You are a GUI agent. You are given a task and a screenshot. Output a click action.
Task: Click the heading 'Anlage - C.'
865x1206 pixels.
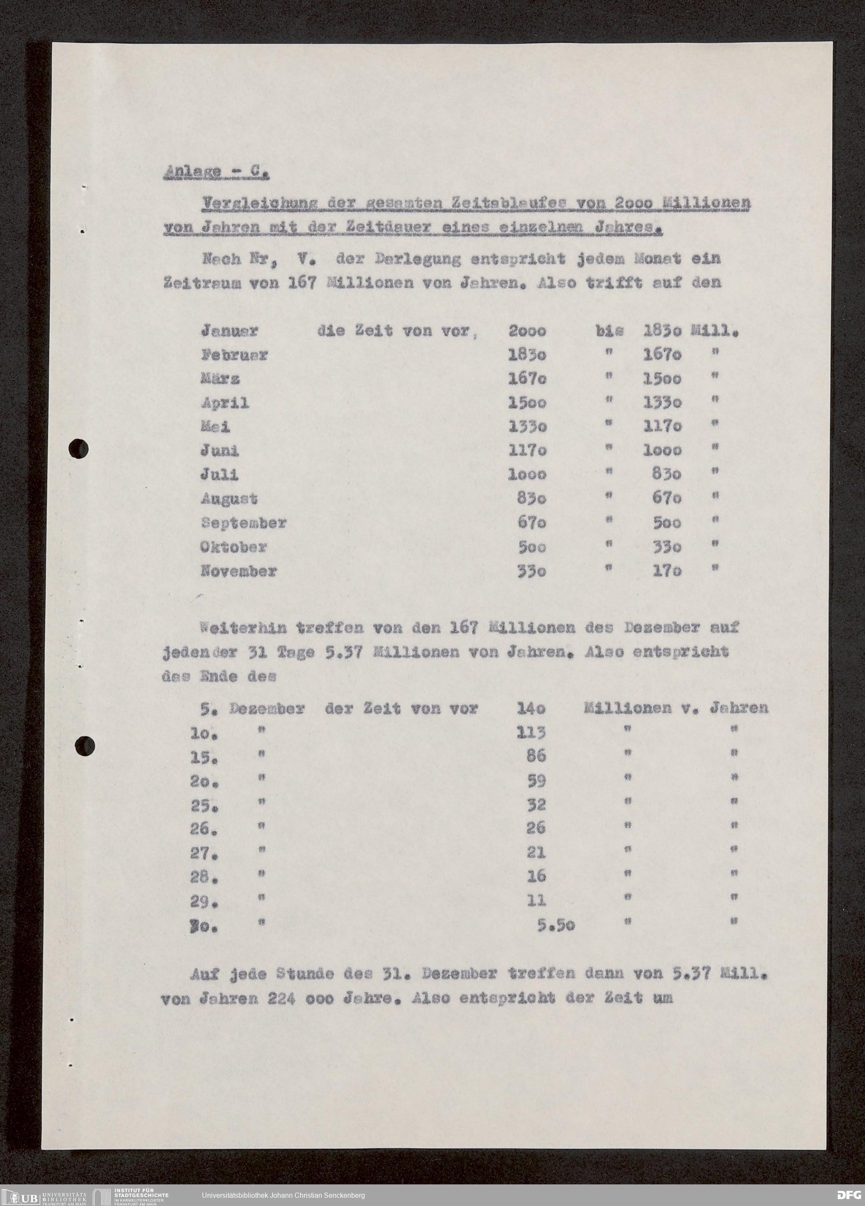point(215,172)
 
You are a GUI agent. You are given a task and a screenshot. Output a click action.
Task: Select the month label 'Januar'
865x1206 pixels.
point(229,331)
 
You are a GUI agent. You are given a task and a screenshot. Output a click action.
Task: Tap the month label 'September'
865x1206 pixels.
point(243,523)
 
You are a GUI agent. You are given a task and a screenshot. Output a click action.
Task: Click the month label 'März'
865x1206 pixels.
point(220,379)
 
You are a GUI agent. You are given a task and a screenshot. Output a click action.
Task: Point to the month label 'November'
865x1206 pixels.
point(239,571)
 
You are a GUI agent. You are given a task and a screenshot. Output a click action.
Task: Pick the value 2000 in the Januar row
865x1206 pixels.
point(527,331)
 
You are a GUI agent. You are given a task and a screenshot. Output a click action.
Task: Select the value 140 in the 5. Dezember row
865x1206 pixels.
point(532,708)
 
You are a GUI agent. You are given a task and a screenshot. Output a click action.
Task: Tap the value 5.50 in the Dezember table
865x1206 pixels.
point(555,925)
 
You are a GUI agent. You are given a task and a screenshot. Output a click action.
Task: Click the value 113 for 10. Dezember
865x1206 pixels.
point(531,733)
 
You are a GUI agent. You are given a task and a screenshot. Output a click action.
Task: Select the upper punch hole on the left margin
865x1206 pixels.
point(79,448)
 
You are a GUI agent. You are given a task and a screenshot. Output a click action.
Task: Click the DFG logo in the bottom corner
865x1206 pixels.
point(849,1195)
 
